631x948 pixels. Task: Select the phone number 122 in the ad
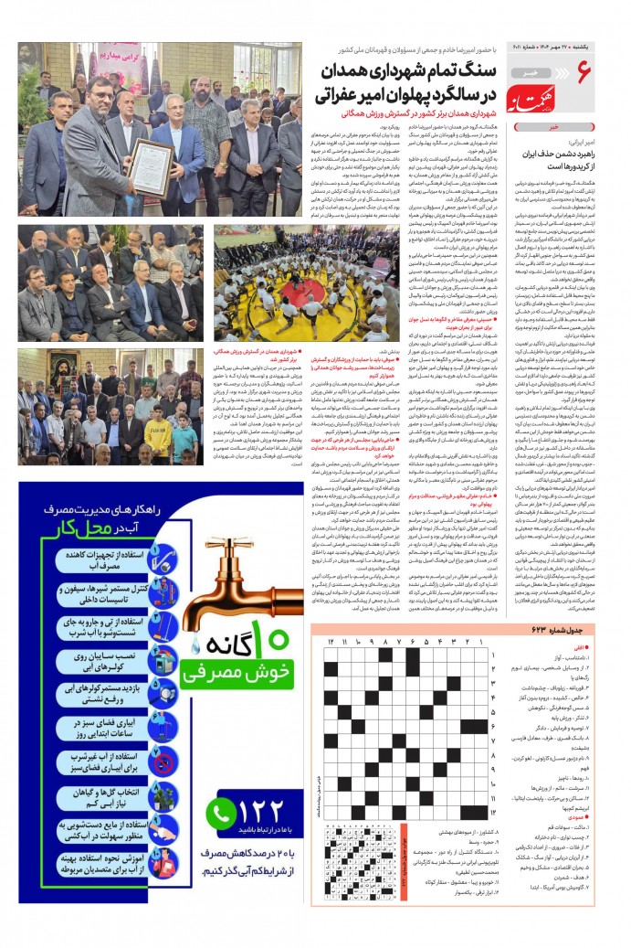264,812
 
